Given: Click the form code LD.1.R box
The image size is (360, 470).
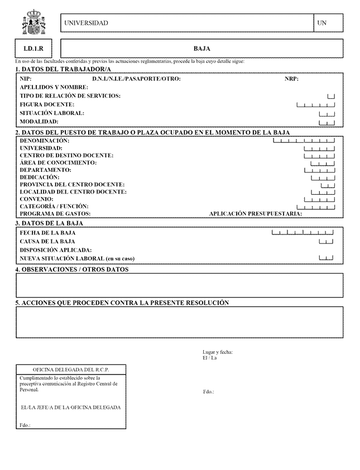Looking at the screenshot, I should (x=33, y=49).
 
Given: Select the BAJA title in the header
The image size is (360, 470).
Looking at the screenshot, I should (x=201, y=49).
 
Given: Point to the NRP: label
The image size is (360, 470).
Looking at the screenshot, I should (x=291, y=79).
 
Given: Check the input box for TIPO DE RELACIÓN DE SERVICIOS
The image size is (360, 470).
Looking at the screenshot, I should (x=331, y=97).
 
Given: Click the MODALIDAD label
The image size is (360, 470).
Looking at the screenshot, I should (x=39, y=122).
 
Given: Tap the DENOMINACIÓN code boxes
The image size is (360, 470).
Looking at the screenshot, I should (x=304, y=141).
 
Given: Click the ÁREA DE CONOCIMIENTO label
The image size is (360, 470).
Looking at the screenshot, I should (x=58, y=162).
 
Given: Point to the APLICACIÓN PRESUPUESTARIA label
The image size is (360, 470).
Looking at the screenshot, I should (x=255, y=214).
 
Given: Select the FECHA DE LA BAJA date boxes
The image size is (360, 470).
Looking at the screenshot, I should (x=302, y=232).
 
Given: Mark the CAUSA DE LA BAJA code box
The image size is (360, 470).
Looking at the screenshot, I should (x=326, y=242).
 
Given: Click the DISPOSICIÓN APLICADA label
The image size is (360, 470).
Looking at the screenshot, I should (x=55, y=250).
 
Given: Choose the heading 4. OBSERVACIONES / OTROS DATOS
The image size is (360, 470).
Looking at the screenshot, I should (x=72, y=270).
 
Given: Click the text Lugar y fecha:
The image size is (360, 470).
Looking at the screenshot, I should (x=218, y=352).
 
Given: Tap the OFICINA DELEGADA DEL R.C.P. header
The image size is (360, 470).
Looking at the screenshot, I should (x=70, y=370).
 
